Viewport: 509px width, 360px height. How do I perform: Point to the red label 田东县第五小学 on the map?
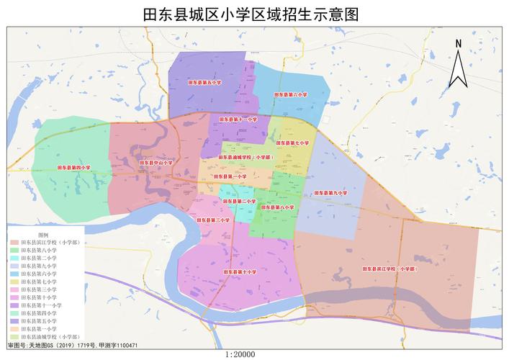point(204,83)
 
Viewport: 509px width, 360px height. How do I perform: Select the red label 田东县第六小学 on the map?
point(290,94)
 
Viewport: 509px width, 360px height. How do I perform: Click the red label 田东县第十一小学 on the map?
point(239,119)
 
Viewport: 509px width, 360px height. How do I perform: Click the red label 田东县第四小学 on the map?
point(74,167)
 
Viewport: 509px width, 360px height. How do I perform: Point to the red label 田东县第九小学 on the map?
point(330,193)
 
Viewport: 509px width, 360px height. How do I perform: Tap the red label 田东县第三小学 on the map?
point(212,220)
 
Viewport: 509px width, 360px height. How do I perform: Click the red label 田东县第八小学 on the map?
point(277,207)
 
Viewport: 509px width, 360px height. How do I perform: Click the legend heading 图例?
point(43,235)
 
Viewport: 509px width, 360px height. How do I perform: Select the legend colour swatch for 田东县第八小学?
point(14,251)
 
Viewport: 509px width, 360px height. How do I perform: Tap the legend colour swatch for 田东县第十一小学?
point(14,305)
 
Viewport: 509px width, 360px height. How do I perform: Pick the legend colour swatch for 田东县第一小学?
point(14,329)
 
